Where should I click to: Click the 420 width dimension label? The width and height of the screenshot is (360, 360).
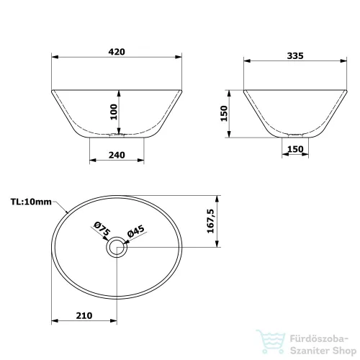(117, 52)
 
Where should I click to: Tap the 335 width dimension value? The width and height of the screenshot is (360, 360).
(295, 55)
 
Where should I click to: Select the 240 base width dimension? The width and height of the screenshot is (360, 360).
(117, 155)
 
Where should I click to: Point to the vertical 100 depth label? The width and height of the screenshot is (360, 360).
(114, 112)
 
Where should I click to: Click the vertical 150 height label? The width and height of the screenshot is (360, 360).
(224, 114)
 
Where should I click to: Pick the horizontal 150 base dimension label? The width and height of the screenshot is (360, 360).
(295, 149)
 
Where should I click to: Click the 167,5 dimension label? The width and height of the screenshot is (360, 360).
(210, 221)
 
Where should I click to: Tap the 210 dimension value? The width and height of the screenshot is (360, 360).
(84, 315)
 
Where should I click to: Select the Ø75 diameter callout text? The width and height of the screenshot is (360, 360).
(102, 229)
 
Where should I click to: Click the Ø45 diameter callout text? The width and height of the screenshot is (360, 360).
(136, 231)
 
